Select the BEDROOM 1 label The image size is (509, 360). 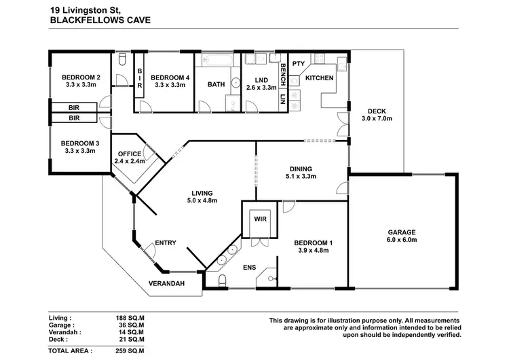click(312, 242)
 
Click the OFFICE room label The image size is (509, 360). click(129, 154)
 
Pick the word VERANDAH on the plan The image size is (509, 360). click(167, 283)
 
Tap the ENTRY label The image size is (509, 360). click(166, 242)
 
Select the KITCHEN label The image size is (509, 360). click(319, 78)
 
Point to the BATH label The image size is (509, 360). click(216, 85)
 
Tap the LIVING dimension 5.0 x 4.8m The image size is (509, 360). click(202, 200)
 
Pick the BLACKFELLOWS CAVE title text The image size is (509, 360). click(100, 20)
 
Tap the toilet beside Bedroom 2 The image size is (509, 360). click(121, 62)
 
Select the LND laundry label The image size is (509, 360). click(259, 78)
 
